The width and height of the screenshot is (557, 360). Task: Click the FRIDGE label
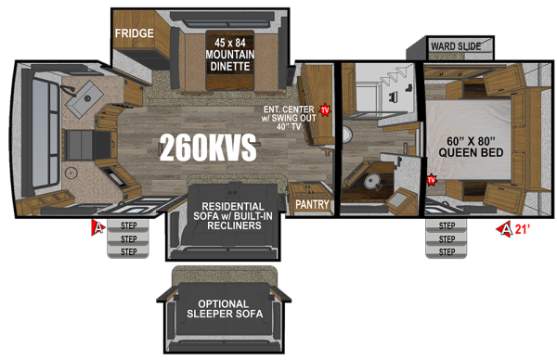point(135,33)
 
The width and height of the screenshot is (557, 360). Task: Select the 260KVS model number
point(207,148)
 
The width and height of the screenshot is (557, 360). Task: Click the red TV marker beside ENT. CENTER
point(326,109)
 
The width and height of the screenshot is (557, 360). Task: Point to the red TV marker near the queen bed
point(432,179)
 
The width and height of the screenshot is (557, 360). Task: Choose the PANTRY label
point(307,203)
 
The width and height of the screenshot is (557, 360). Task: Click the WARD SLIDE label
point(454,45)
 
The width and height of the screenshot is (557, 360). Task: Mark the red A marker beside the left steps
point(97,226)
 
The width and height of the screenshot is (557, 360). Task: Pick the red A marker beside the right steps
point(506,227)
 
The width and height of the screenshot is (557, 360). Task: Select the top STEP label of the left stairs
point(128,225)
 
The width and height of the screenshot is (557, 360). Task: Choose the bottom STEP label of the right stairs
point(447,251)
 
